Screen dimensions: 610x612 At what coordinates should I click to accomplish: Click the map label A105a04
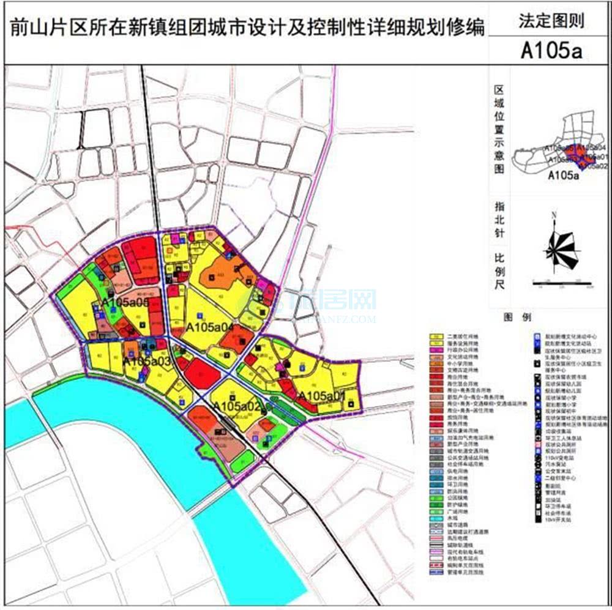(x=211, y=326)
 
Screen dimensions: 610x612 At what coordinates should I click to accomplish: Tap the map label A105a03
(x=147, y=362)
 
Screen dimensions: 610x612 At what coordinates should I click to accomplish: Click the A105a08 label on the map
(x=125, y=302)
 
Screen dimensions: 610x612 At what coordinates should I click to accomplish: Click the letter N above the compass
(x=553, y=215)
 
